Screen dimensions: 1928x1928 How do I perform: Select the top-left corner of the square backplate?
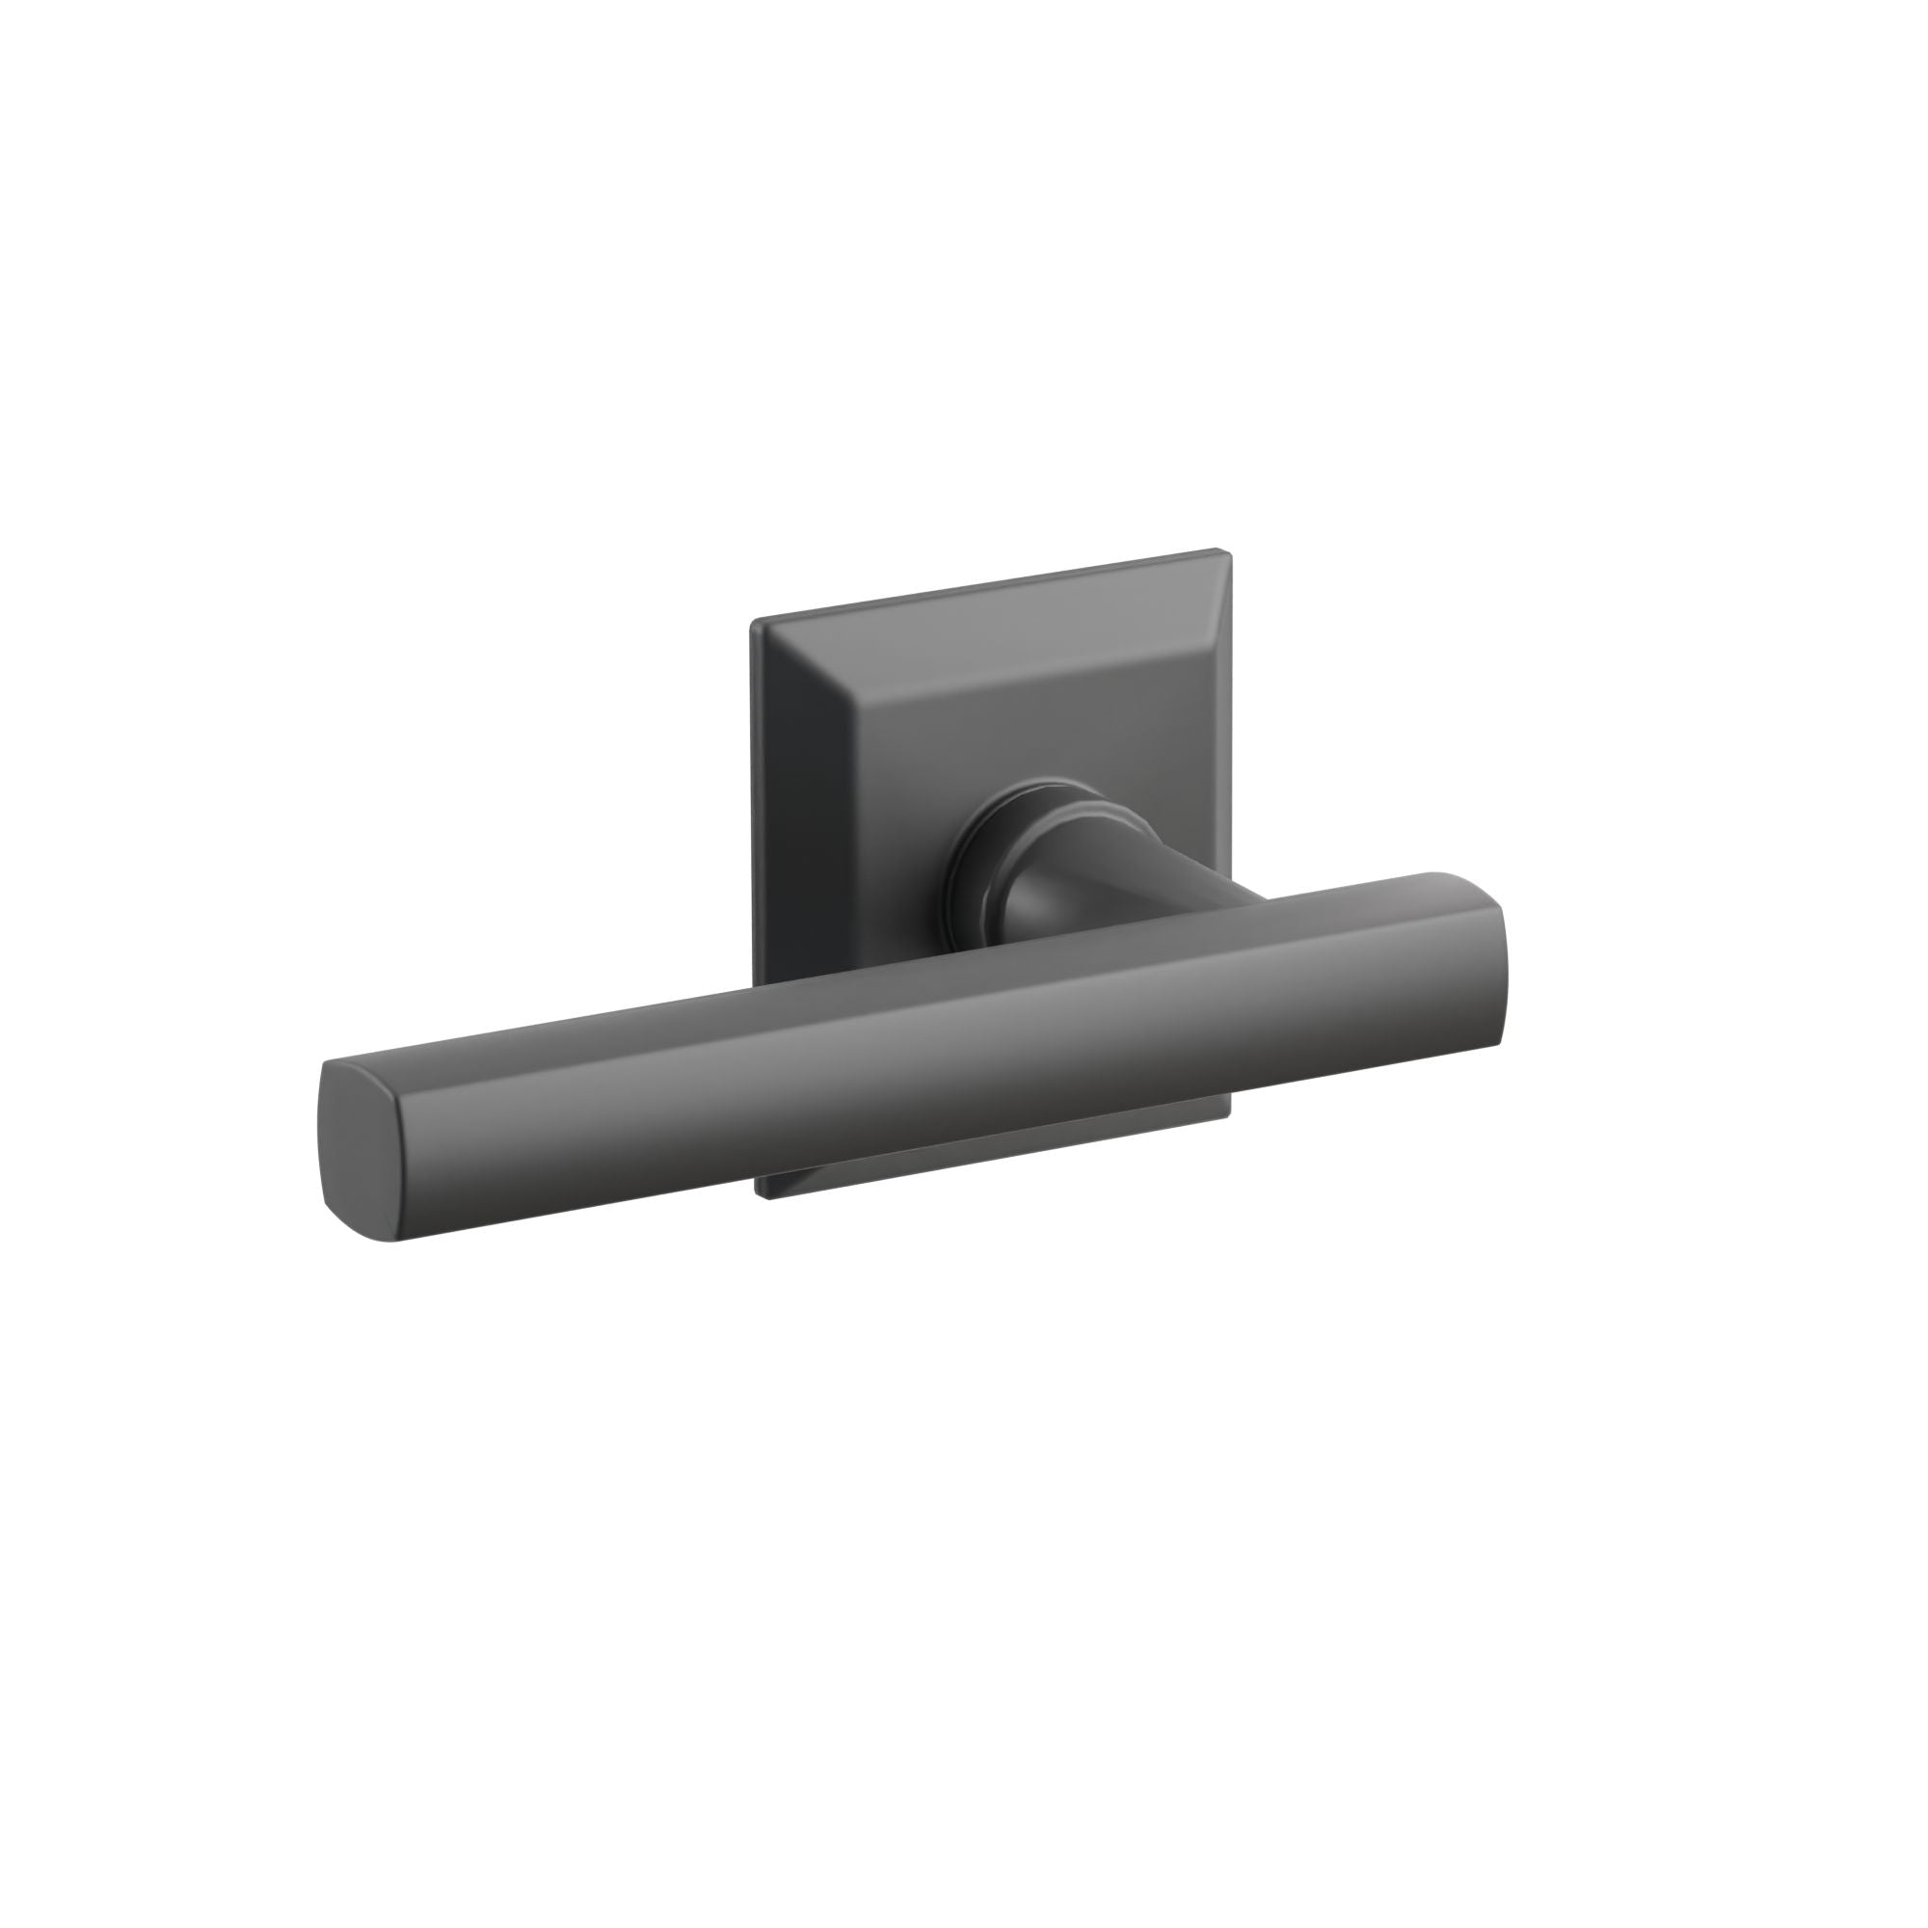[x=755, y=624]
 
